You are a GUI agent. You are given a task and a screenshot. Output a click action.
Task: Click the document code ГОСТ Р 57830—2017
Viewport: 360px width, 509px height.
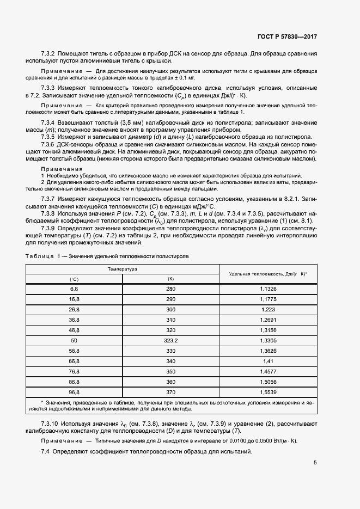point(286,37)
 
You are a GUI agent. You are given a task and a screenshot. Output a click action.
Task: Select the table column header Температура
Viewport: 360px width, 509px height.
point(122,269)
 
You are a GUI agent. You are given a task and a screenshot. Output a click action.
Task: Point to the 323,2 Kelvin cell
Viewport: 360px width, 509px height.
point(170,340)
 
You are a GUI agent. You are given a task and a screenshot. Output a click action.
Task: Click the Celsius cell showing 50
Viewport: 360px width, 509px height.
point(74,340)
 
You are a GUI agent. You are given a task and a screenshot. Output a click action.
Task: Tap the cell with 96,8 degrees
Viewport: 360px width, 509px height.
point(74,392)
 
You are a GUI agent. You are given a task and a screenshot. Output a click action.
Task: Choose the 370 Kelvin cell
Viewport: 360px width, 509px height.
point(170,392)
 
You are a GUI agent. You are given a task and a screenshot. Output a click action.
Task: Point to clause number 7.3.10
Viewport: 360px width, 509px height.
point(50,423)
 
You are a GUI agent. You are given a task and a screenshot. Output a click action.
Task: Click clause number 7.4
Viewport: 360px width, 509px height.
point(45,452)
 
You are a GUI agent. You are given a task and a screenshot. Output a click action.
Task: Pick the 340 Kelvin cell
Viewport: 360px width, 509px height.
point(170,361)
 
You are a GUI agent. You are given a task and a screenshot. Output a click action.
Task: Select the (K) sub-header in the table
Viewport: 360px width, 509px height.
point(170,279)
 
